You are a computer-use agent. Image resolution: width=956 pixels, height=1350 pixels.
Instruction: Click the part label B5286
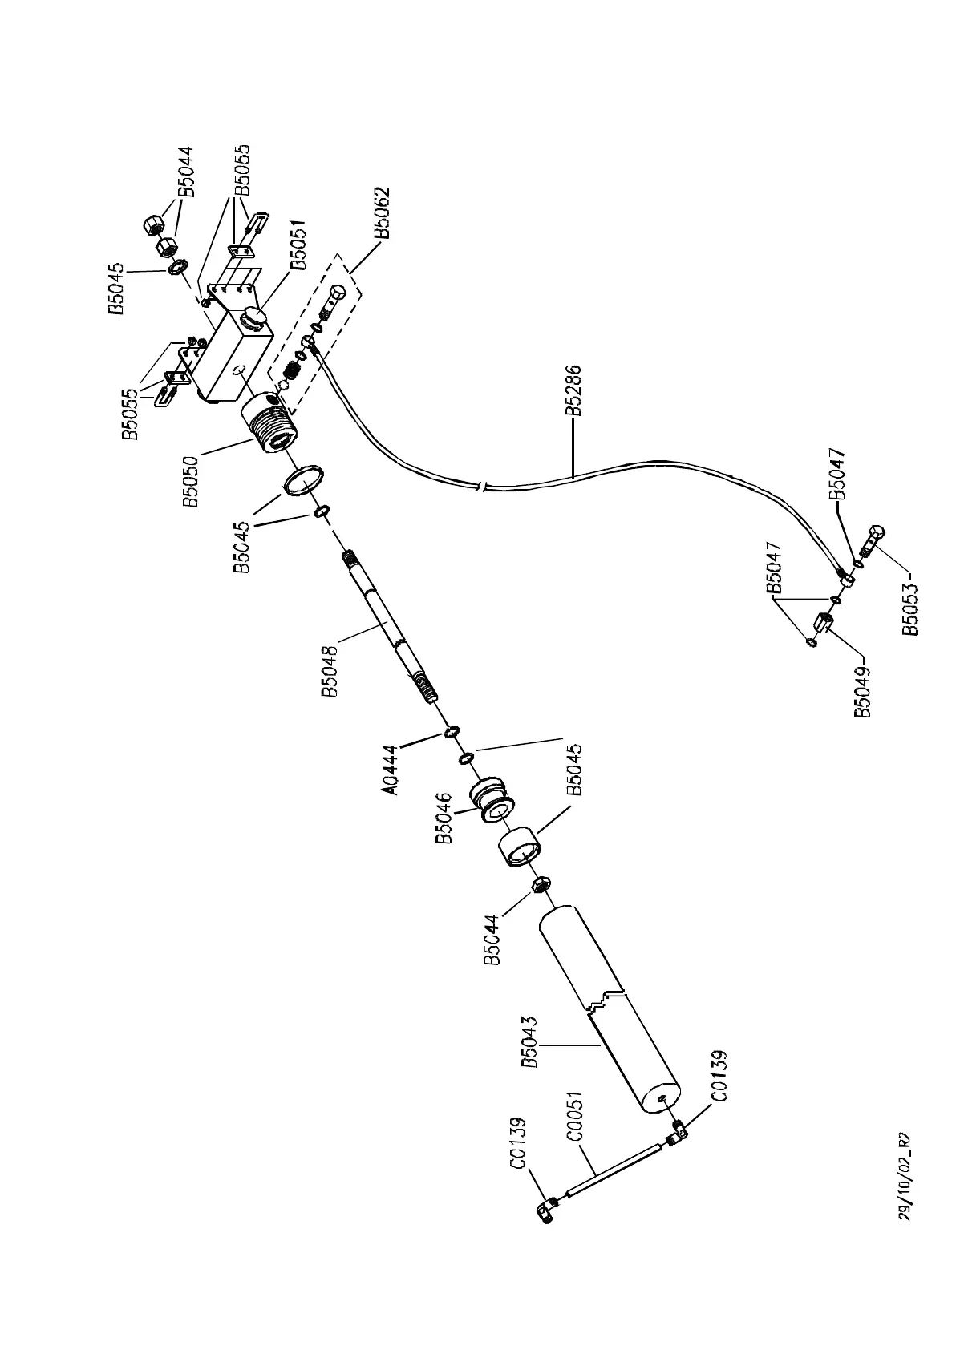tap(573, 391)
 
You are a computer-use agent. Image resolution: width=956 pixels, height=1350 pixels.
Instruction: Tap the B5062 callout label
tap(383, 213)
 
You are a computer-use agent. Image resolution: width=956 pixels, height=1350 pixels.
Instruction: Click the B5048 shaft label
tap(330, 673)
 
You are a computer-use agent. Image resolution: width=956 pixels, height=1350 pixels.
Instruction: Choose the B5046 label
tap(444, 818)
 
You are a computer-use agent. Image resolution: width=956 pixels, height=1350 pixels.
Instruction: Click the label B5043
tap(529, 1041)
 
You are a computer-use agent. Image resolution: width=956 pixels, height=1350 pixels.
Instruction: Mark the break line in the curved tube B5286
tap(480, 486)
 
